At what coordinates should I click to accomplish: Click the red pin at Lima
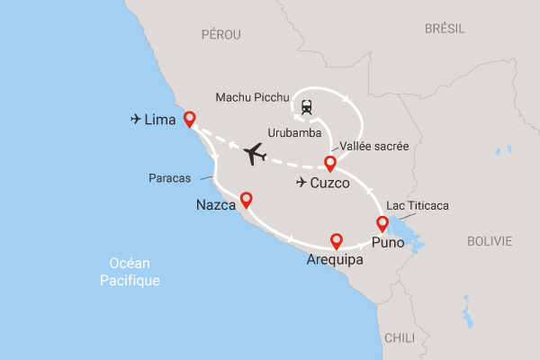[189, 121]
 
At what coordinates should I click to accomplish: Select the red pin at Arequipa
[337, 241]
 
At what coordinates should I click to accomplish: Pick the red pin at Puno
[382, 224]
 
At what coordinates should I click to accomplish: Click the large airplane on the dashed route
[256, 155]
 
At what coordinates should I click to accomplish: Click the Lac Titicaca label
[417, 206]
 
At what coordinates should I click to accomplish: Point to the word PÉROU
[222, 33]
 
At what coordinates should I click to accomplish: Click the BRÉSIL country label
[445, 29]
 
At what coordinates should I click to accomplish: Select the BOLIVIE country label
[490, 241]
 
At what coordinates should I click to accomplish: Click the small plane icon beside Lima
[136, 118]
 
